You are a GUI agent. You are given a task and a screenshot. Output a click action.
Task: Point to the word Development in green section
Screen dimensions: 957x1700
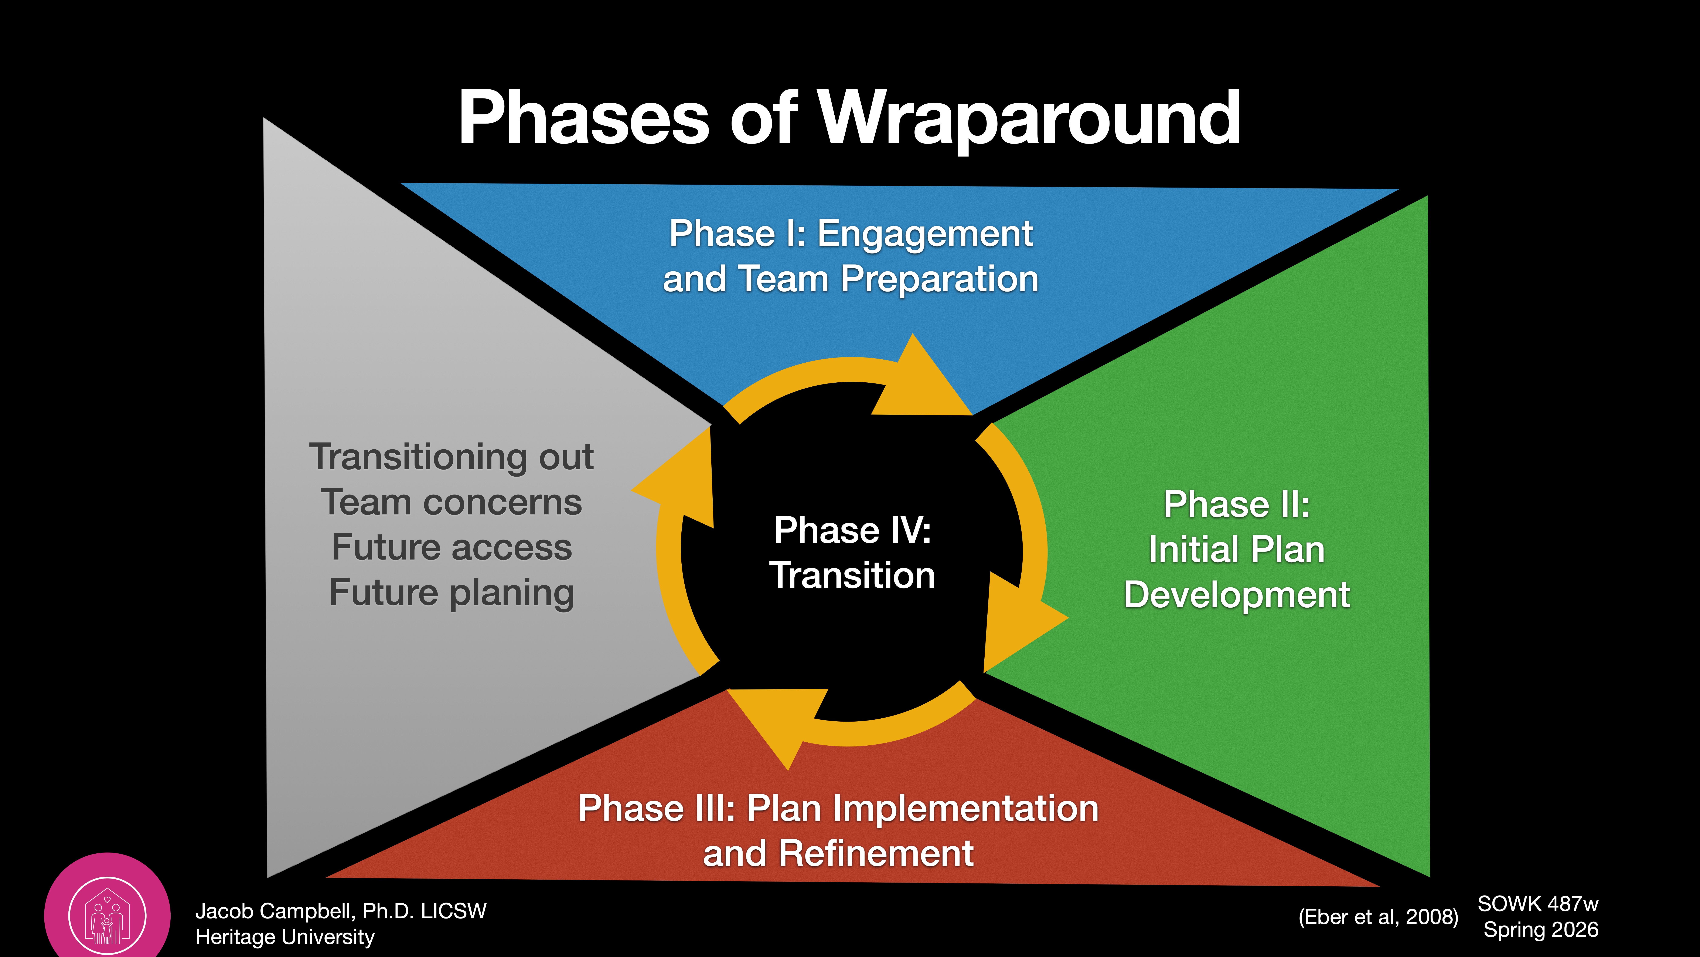pyautogui.click(x=1236, y=595)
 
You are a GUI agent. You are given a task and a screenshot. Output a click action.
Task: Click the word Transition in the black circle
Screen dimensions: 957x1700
pyautogui.click(x=852, y=575)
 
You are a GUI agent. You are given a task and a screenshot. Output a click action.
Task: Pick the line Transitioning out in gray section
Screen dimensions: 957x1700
pyautogui.click(x=451, y=457)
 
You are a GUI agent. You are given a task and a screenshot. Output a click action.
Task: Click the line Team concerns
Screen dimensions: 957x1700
pyautogui.click(x=451, y=503)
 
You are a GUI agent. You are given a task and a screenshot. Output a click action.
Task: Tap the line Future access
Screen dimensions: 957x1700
pyautogui.click(x=451, y=548)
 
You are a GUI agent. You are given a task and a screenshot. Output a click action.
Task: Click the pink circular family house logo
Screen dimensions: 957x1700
pyautogui.click(x=107, y=915)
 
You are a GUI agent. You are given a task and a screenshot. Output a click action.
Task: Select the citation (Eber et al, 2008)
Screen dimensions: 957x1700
pyautogui.click(x=1378, y=917)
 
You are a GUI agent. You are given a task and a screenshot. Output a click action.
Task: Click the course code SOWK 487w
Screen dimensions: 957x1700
pyautogui.click(x=1538, y=903)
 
